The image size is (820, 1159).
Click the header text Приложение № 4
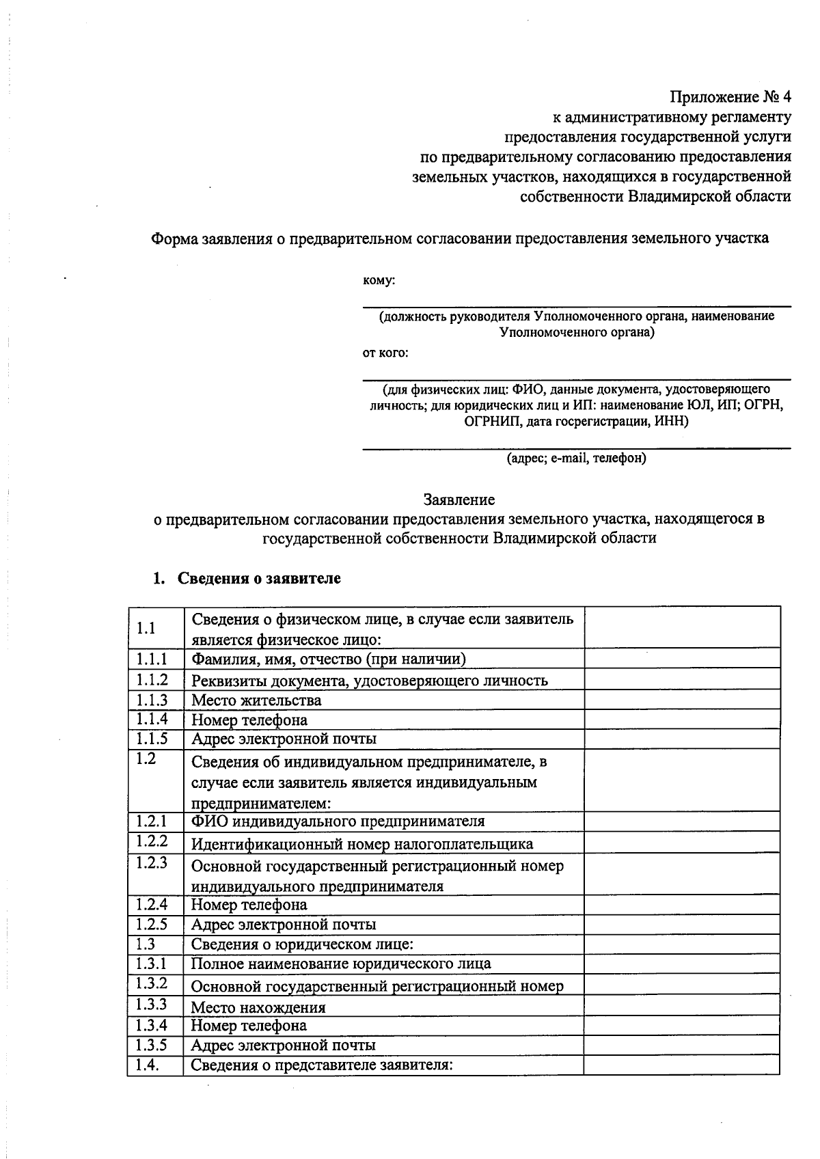point(729,96)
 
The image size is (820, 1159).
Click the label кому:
point(379,280)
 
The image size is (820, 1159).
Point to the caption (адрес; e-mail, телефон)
point(576,458)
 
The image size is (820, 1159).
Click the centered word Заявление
point(459,500)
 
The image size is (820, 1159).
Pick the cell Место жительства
point(256,700)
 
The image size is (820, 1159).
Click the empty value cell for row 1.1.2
point(681,679)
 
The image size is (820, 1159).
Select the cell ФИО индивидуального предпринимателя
point(338,821)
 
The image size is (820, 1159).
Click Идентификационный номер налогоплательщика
point(361,844)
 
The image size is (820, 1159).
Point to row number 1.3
point(146,944)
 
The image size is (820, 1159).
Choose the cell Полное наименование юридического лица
point(340,964)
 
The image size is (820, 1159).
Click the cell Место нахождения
point(258,1007)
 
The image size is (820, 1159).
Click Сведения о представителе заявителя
point(322,1065)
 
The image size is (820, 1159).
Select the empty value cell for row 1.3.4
point(681,1025)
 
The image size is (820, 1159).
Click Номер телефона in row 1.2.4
point(249,905)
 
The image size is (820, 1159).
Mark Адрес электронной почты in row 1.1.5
point(283,739)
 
